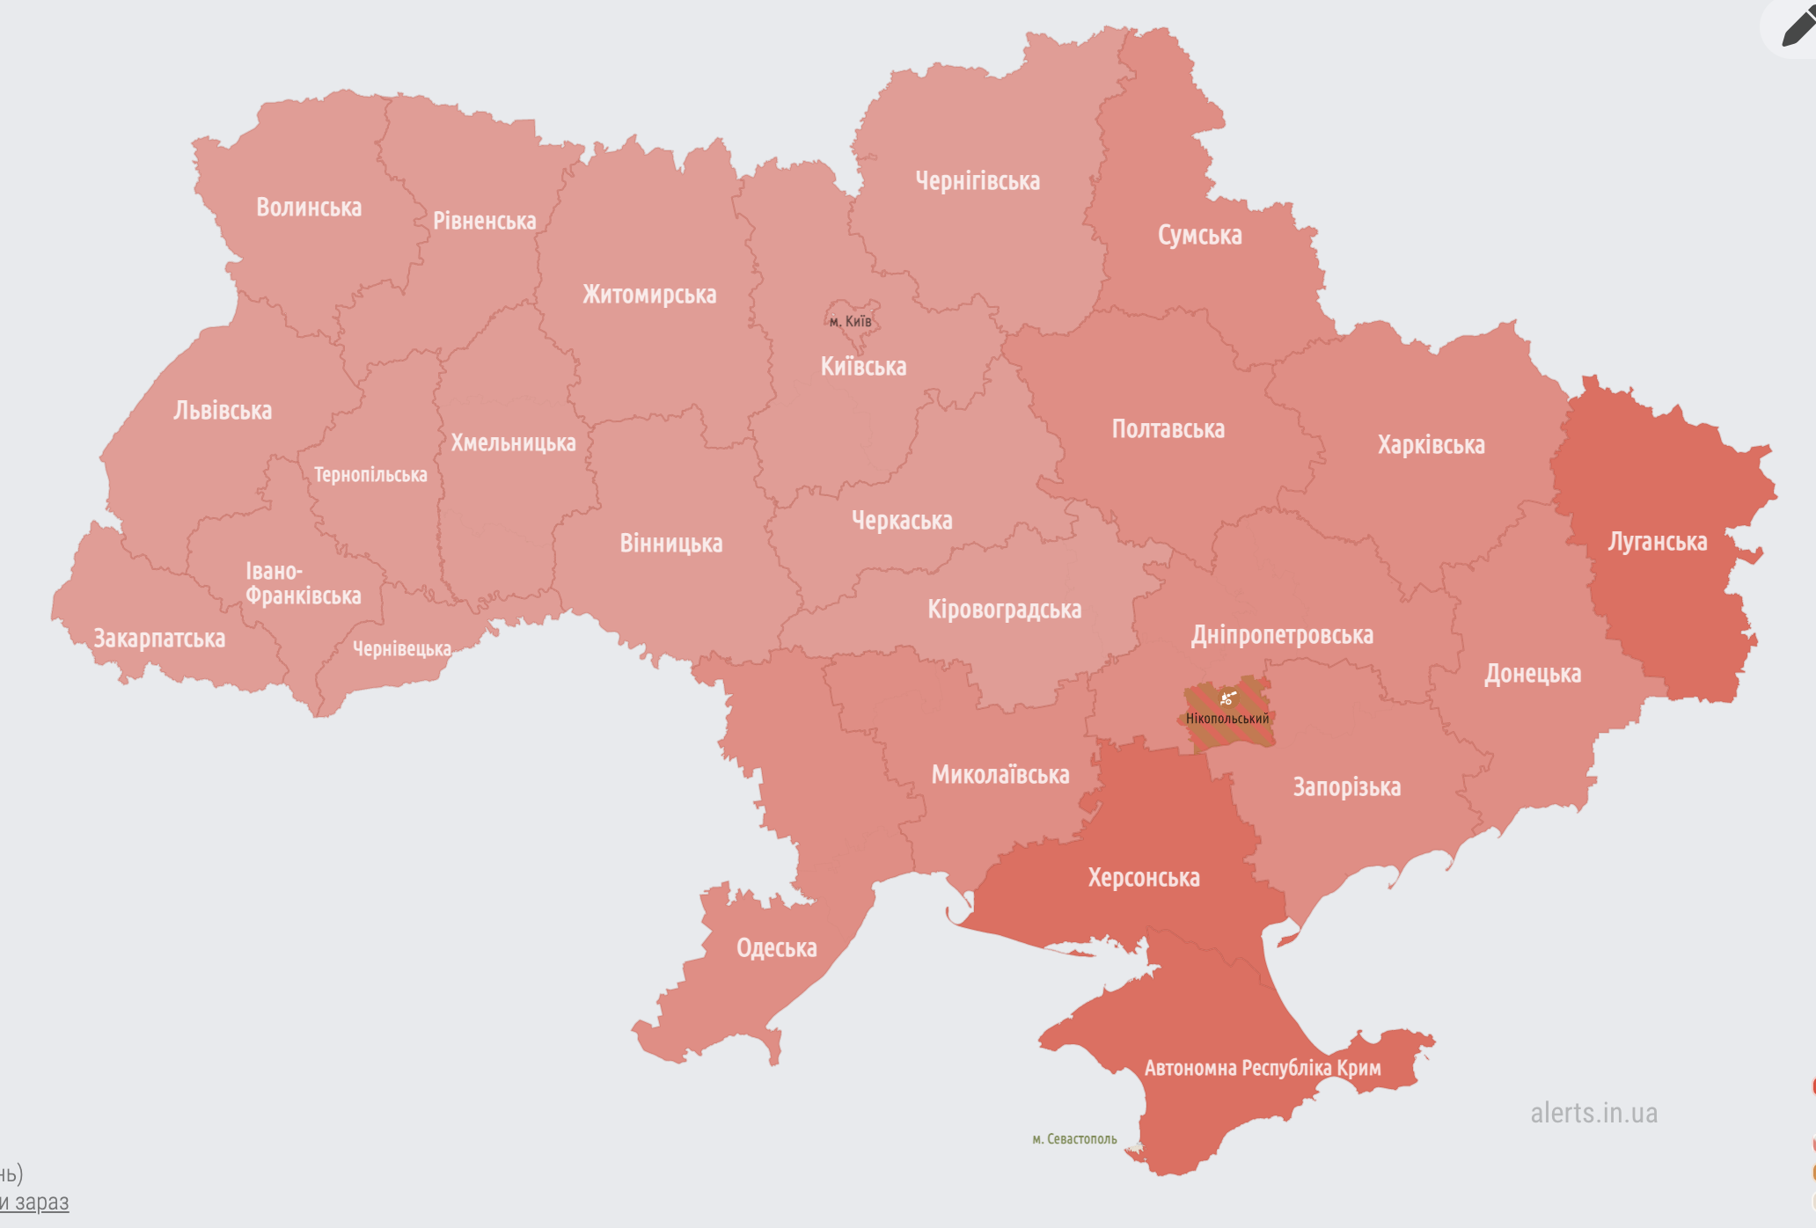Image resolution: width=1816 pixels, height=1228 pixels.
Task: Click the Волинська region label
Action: (309, 208)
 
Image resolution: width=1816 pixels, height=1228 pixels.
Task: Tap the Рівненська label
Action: (484, 221)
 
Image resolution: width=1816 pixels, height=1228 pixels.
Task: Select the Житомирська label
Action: (649, 295)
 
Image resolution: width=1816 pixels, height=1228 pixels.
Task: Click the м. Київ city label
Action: (850, 321)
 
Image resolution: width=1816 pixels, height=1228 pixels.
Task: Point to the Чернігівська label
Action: (978, 181)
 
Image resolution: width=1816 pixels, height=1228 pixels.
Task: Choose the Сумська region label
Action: (1199, 236)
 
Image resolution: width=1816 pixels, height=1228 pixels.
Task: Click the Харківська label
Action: (1431, 445)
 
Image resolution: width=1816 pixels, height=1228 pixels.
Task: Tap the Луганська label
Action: (1658, 542)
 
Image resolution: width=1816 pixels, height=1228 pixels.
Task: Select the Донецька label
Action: (1533, 674)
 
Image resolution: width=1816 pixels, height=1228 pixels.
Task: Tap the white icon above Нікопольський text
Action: (1227, 698)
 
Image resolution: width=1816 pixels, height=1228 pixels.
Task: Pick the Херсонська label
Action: (1144, 878)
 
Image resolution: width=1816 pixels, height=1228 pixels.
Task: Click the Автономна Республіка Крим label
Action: (1263, 1068)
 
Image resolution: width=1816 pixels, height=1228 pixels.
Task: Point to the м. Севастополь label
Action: (1074, 1139)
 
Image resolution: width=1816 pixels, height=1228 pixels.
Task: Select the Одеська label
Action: (776, 948)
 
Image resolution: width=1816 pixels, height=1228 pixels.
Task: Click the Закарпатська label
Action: (159, 639)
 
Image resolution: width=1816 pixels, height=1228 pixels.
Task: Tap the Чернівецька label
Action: (402, 649)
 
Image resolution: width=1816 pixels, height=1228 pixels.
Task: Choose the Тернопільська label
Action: (370, 475)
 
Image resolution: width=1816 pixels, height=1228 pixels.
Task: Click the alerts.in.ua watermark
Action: (1593, 1113)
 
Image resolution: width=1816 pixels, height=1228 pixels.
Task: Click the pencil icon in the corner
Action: (1798, 28)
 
